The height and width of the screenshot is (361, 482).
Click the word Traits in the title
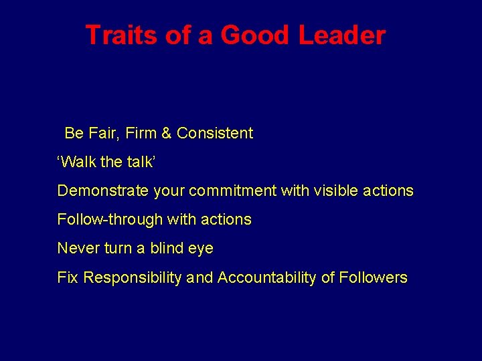coord(123,35)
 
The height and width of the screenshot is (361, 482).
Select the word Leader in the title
coord(342,35)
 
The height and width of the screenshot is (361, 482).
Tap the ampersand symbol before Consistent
coord(167,133)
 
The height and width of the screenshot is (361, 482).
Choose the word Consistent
coord(215,133)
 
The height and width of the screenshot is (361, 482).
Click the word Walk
coord(80,162)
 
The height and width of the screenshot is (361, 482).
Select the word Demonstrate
coord(103,191)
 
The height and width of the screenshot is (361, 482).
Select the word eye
coord(201,249)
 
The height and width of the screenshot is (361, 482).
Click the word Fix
coord(67,277)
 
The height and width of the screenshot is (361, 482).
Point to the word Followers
coord(373,277)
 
